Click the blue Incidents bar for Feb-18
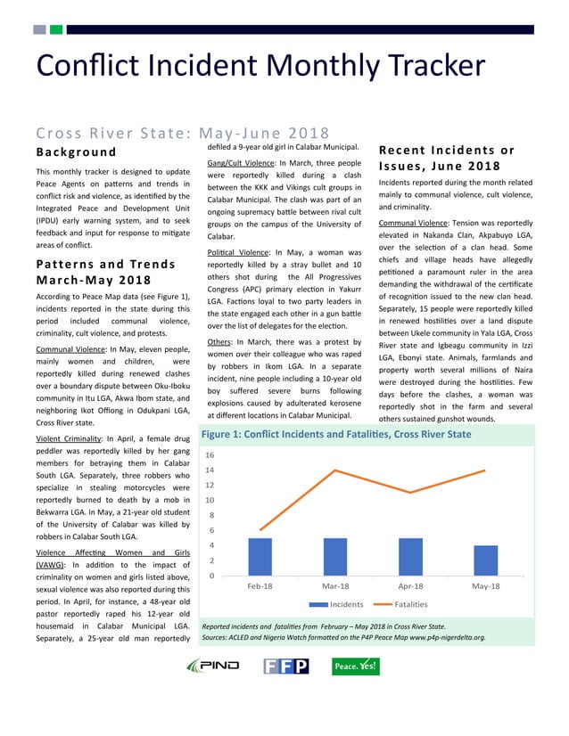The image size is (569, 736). (x=260, y=557)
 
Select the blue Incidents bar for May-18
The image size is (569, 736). (x=485, y=560)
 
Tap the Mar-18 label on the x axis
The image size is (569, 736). (x=334, y=587)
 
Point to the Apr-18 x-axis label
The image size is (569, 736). (x=410, y=587)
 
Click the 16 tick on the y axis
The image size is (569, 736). (x=210, y=454)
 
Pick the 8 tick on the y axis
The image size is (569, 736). (x=211, y=515)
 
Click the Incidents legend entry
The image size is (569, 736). (x=334, y=604)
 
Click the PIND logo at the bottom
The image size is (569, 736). (x=212, y=666)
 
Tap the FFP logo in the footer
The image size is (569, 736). (x=285, y=666)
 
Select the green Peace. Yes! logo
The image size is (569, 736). (x=354, y=666)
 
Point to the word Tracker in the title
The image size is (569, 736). (x=420, y=66)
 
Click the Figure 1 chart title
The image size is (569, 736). (x=335, y=435)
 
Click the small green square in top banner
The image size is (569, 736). (x=56, y=29)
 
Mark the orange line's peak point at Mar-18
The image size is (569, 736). (x=335, y=470)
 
